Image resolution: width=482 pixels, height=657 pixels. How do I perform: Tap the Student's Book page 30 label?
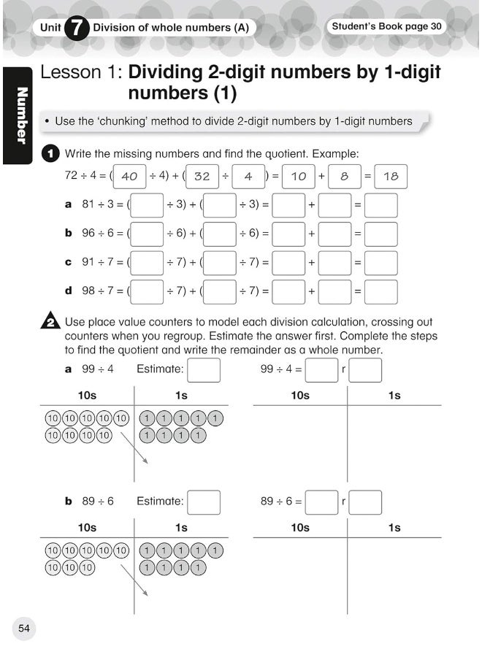(386, 27)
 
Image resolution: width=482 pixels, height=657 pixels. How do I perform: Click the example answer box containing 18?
(391, 177)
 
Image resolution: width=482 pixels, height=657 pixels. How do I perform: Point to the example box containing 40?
(129, 177)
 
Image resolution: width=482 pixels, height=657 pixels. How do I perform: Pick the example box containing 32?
(202, 177)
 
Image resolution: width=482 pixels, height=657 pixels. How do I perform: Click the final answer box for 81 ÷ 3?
(381, 205)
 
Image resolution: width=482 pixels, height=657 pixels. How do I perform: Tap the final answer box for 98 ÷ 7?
(381, 291)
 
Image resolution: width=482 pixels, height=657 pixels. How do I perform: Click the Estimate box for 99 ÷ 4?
(204, 369)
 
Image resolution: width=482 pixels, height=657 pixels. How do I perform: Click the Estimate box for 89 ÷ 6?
(204, 502)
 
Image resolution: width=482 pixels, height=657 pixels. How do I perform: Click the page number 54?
(23, 628)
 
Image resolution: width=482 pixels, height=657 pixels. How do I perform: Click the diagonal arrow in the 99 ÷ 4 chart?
(134, 447)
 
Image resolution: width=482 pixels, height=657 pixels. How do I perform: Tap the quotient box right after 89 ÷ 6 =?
(321, 502)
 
